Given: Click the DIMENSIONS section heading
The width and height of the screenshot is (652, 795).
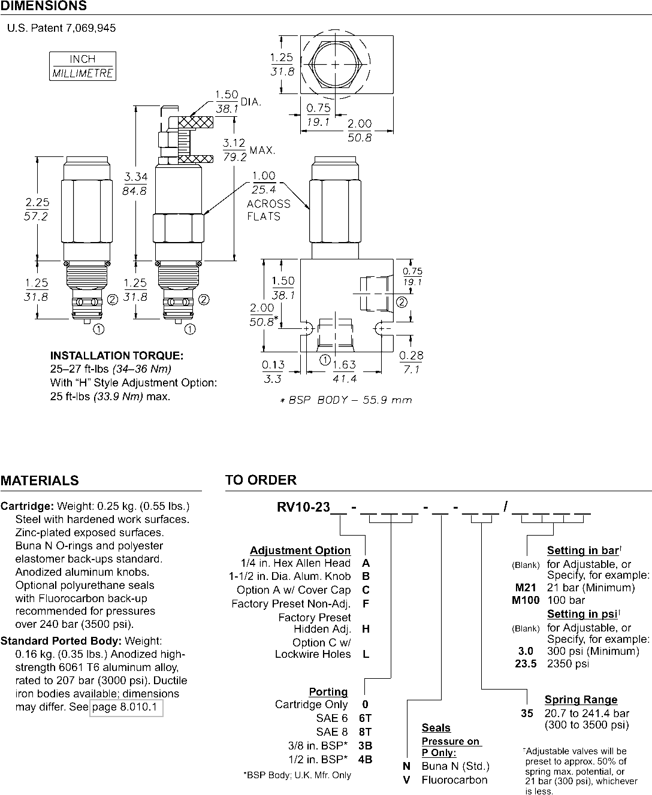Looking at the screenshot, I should coord(43,6).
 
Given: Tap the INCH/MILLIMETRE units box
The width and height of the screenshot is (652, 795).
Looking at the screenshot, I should coord(83,66).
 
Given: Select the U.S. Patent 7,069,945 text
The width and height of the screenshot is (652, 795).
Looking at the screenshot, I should coord(61,28).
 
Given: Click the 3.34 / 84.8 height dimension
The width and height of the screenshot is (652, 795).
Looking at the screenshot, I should coord(135,183).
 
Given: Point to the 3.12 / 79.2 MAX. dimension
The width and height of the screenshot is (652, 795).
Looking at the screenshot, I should coord(234,150).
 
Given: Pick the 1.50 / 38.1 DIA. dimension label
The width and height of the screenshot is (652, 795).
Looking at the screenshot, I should coord(227,102).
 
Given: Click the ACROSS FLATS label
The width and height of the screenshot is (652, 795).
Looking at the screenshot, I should coord(268,210).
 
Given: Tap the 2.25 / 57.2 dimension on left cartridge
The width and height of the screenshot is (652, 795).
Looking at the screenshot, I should coord(37,210).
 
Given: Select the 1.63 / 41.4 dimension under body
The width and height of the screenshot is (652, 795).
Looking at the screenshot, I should coord(344,372).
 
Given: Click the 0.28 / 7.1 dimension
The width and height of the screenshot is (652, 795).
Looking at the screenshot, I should coord(411,362).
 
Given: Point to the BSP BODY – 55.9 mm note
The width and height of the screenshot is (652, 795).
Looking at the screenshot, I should coord(346,400).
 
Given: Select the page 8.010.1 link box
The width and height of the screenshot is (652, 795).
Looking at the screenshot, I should coord(126,708).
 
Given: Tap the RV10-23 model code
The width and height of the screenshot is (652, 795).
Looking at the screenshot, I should coord(303,507).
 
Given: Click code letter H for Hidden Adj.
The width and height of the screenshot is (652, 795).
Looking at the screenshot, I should coord(366,628).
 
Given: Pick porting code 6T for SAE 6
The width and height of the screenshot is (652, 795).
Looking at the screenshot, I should coord(365,718).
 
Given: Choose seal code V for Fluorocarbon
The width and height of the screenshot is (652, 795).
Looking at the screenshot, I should coord(406,779).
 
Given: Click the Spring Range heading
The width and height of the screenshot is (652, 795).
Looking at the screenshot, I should coord(581,699).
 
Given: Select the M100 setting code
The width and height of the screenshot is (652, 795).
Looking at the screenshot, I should coord(526,600).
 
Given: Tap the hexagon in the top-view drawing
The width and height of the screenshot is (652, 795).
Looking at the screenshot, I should coord(334,64).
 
